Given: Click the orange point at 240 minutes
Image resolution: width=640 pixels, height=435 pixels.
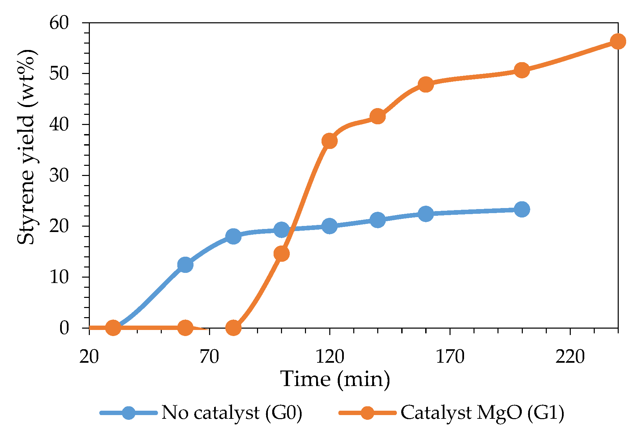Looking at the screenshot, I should (618, 41).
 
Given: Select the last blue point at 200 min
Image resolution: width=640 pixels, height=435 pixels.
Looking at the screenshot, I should (522, 209).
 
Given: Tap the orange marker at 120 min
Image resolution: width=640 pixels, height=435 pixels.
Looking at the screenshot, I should (330, 140).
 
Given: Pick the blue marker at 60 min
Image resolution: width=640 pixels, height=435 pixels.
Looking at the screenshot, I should (185, 264).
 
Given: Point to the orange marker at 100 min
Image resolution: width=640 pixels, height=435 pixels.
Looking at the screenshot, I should (281, 254).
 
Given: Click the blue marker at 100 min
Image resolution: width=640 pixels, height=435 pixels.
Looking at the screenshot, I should (281, 230).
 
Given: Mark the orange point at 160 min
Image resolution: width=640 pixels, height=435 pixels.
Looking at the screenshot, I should (426, 84).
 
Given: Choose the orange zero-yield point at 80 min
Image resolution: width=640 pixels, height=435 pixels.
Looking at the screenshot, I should (233, 328).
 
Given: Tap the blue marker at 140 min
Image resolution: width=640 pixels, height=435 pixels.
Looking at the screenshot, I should (378, 220).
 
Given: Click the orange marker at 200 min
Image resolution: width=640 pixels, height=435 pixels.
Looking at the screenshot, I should (522, 70).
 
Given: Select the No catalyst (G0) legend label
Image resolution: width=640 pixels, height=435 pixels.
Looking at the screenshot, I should (232, 412).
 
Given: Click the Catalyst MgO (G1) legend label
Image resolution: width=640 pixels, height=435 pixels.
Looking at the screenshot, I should (482, 412).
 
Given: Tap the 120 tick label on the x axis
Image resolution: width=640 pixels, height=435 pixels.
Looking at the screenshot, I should (330, 356).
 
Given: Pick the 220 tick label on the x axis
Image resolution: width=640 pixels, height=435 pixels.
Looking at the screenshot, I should (570, 356).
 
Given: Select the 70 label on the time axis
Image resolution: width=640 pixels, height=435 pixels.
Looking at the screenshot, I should (209, 356).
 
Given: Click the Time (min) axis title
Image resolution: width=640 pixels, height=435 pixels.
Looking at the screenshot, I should (335, 379).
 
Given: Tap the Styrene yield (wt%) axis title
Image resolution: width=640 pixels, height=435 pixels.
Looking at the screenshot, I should (26, 147).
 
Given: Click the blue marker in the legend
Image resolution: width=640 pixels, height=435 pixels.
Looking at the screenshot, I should (129, 412).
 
